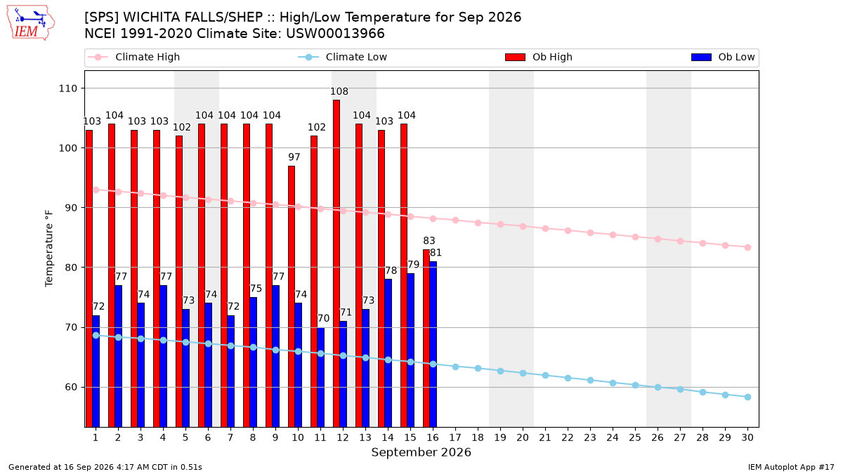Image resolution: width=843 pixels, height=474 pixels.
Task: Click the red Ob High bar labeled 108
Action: [x=336, y=263]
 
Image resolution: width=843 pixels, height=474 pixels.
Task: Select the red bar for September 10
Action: [x=292, y=296]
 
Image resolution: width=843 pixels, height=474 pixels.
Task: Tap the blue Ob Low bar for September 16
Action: [x=433, y=344]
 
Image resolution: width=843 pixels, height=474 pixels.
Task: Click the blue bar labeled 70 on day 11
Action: [x=320, y=377]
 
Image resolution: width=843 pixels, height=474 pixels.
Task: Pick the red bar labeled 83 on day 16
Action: [x=426, y=338]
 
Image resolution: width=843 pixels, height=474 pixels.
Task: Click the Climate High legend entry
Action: [x=134, y=57]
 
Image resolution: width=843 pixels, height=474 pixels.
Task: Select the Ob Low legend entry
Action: [x=723, y=57]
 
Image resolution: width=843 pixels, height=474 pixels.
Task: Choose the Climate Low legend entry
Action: [x=343, y=57]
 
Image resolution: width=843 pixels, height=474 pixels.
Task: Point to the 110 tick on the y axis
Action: [x=67, y=88]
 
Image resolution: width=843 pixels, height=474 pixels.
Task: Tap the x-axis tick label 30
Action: [x=747, y=437]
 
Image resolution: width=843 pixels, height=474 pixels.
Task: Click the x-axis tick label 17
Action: [x=455, y=437]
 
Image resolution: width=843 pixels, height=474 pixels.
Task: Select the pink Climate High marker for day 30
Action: [x=747, y=247]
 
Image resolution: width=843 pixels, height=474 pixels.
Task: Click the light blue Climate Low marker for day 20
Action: [x=523, y=373]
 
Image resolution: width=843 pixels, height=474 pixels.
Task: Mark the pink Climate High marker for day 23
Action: [x=591, y=233]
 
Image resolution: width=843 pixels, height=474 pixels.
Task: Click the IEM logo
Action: [x=30, y=23]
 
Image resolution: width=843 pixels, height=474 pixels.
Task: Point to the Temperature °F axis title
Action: [x=49, y=249]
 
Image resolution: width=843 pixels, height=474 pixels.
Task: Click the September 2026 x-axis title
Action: [x=421, y=452]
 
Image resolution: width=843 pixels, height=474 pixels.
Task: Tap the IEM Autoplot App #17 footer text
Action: [x=791, y=467]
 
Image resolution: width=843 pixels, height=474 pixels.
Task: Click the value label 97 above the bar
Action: [x=294, y=157]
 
